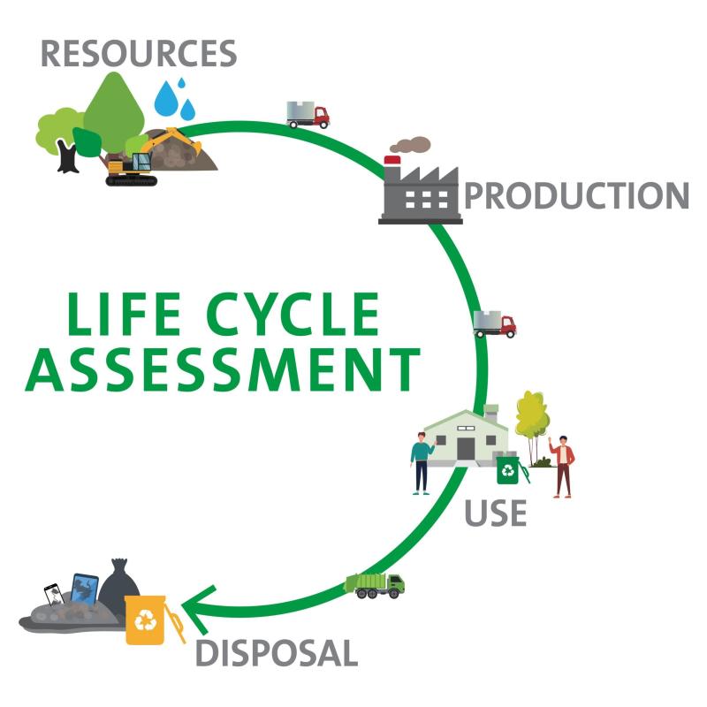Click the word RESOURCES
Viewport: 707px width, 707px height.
pyautogui.click(x=139, y=53)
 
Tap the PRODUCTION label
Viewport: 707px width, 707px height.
pyautogui.click(x=576, y=195)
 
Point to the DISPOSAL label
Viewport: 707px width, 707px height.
pyautogui.click(x=276, y=654)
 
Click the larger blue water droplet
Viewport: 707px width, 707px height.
pyautogui.click(x=166, y=99)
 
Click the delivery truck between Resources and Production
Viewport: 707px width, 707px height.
pyautogui.click(x=307, y=114)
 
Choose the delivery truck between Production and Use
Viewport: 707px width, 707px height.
pyautogui.click(x=494, y=323)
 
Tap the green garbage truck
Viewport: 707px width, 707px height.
pyautogui.click(x=374, y=584)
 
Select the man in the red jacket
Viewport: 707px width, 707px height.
pyautogui.click(x=562, y=466)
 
